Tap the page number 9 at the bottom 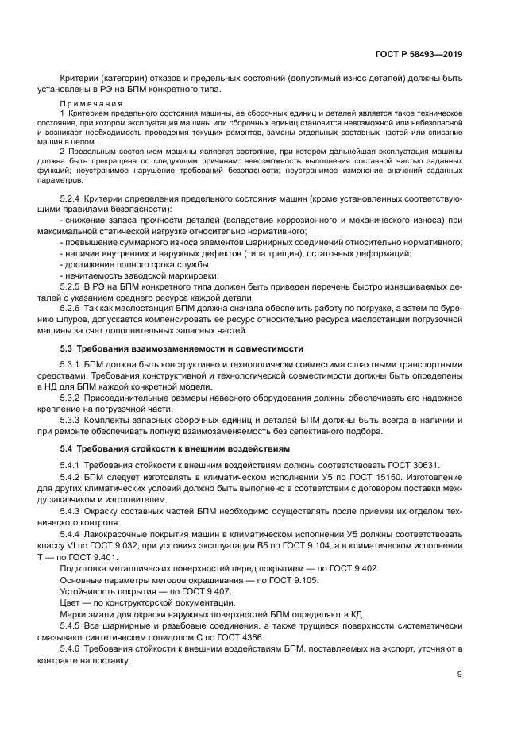(x=460, y=675)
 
